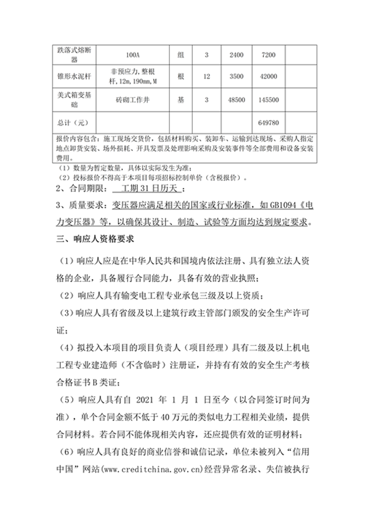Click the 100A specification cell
pos(132,55)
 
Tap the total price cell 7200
pos(268,55)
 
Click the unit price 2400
pos(236,55)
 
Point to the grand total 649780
pos(268,123)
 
